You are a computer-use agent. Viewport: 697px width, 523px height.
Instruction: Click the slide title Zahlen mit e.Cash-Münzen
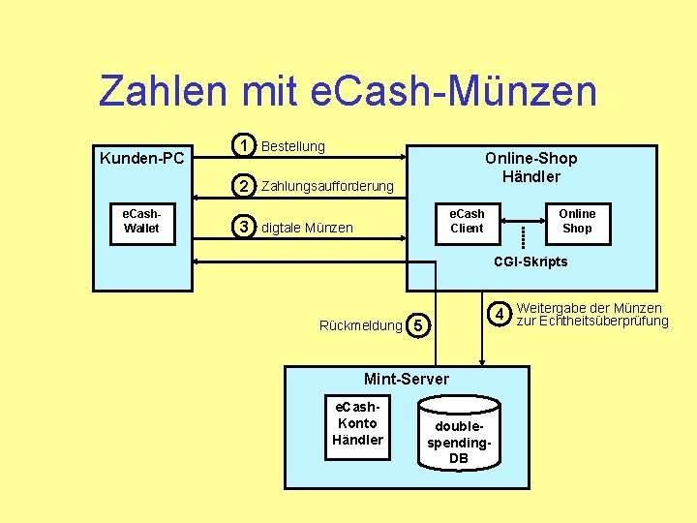(x=348, y=92)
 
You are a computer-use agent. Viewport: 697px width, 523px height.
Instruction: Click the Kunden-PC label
(x=142, y=158)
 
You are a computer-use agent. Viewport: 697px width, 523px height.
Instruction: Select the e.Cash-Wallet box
(x=141, y=222)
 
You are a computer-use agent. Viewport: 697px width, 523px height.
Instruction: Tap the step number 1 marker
(x=247, y=145)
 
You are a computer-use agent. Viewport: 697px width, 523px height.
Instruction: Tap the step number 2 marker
(x=247, y=185)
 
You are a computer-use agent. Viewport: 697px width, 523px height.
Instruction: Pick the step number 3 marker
(x=247, y=228)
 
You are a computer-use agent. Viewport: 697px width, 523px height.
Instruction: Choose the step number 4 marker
(x=499, y=314)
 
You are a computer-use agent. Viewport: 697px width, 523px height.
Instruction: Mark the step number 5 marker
(x=417, y=326)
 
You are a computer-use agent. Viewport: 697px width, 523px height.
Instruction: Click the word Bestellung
(x=293, y=146)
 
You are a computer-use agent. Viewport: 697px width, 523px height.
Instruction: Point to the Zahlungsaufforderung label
(x=327, y=186)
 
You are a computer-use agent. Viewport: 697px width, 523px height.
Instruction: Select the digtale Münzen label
(x=307, y=229)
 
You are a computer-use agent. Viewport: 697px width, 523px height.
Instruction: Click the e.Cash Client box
(x=467, y=221)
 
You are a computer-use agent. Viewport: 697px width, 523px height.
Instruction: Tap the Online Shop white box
(x=577, y=221)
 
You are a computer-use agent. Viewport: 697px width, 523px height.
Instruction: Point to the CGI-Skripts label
(x=530, y=261)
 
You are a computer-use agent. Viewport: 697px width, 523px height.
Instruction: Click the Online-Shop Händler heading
(x=530, y=167)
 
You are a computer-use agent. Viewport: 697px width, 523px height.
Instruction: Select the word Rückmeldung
(x=360, y=326)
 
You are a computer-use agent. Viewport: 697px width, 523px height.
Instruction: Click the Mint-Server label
(x=406, y=379)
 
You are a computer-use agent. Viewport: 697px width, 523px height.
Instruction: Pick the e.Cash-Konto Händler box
(x=357, y=423)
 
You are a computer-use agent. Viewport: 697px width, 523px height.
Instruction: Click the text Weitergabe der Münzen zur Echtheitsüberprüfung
(x=591, y=315)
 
